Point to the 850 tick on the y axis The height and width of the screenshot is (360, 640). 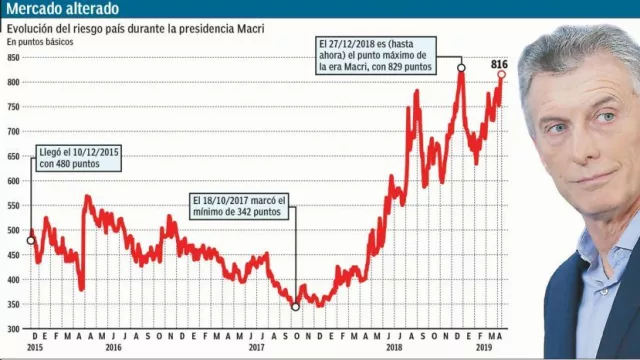[x=13, y=57]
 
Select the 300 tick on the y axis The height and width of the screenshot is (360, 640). [x=13, y=329]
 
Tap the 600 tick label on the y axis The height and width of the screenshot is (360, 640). [x=13, y=181]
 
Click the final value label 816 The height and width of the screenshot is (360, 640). [x=500, y=65]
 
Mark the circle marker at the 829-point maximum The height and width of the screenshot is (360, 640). [x=461, y=68]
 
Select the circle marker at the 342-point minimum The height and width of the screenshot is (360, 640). [x=295, y=307]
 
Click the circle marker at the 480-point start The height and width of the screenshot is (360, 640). [x=31, y=241]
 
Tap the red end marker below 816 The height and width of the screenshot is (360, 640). [x=501, y=75]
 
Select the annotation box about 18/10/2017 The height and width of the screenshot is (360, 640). [x=240, y=206]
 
